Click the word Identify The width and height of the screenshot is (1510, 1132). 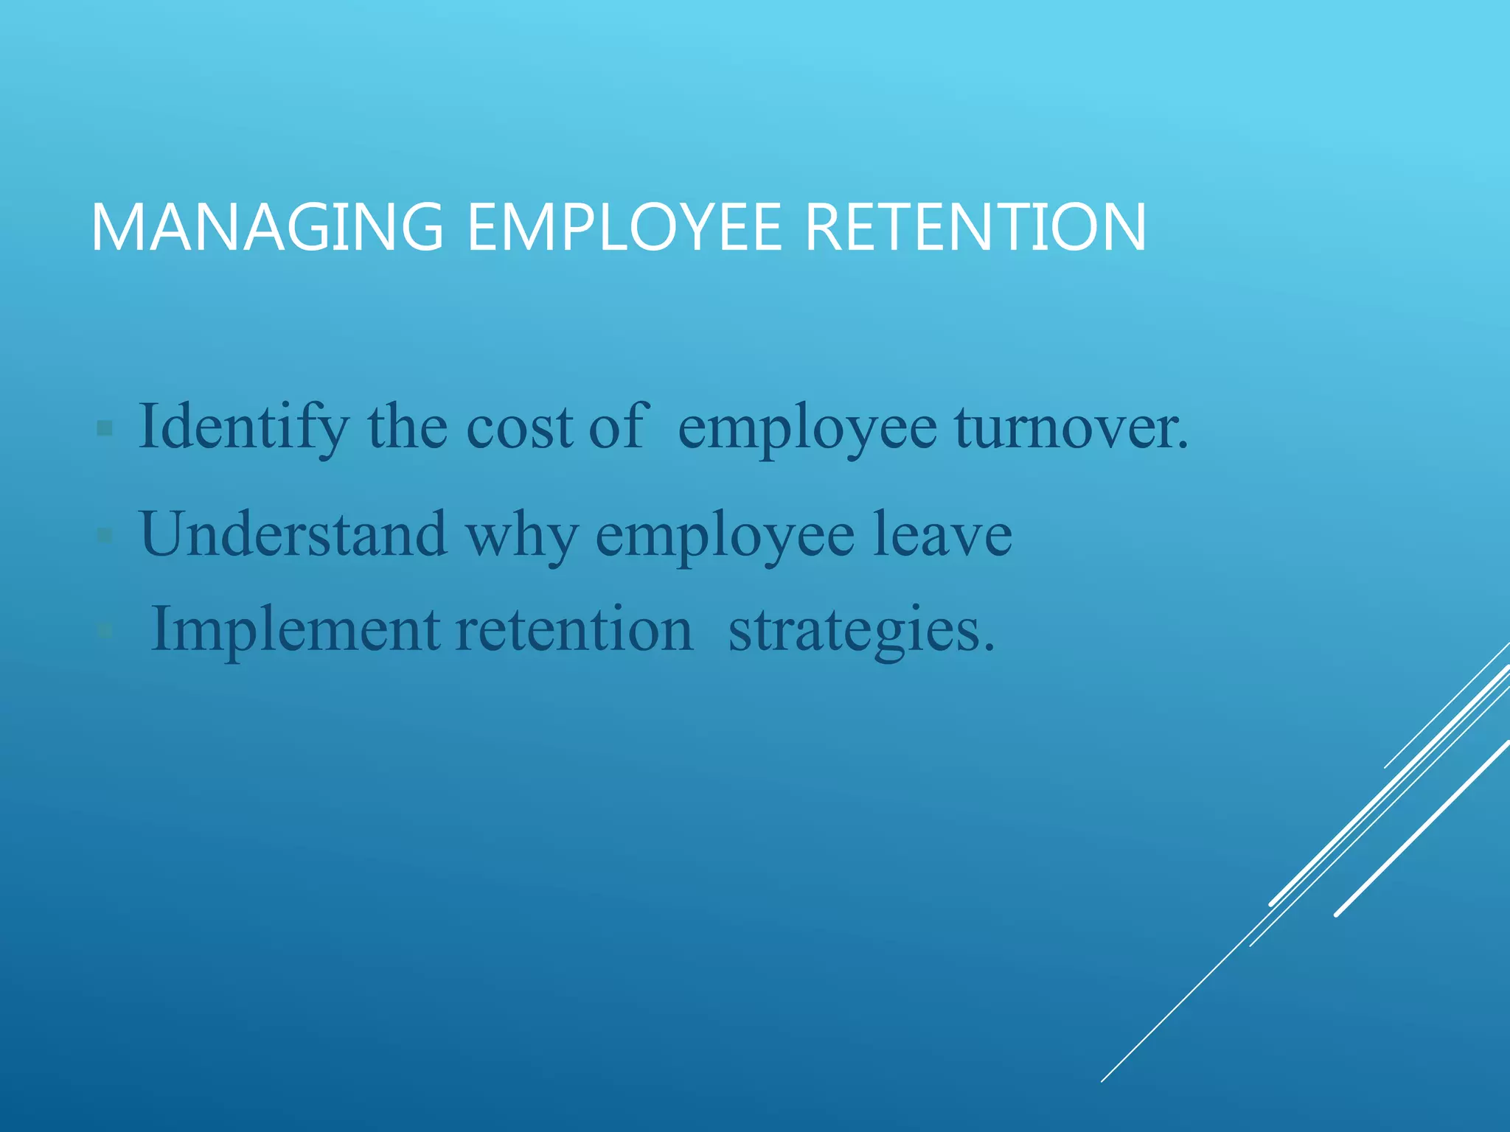243,428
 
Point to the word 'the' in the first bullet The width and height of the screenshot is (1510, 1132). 407,427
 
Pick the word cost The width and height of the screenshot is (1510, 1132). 519,428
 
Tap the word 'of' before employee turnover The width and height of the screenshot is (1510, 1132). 619,427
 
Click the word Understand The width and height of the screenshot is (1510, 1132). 293,534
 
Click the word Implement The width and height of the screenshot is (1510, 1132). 295,631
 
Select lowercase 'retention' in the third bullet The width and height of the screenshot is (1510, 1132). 574,631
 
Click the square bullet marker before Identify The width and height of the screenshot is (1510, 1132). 105,428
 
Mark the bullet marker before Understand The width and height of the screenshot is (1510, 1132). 105,534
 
